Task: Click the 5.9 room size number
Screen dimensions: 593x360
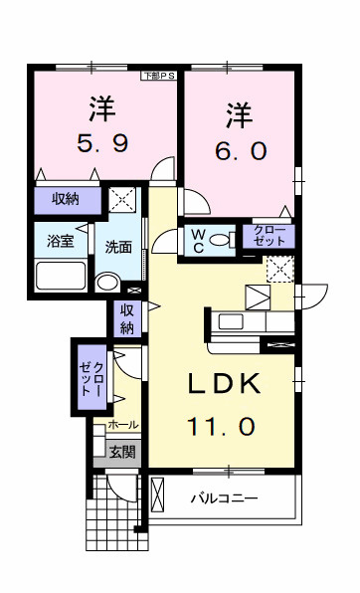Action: coord(100,144)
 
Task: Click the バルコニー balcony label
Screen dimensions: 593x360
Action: coord(225,498)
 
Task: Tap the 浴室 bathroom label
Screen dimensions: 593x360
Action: coord(59,240)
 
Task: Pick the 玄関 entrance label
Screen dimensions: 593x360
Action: coord(123,452)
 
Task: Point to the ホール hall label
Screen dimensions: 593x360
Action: coord(123,425)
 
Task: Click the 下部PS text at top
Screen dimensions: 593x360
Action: coord(158,75)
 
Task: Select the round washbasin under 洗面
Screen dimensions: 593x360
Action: coord(105,282)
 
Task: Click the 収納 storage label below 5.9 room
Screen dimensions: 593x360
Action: coord(67,200)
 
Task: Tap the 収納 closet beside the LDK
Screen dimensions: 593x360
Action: coord(127,319)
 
